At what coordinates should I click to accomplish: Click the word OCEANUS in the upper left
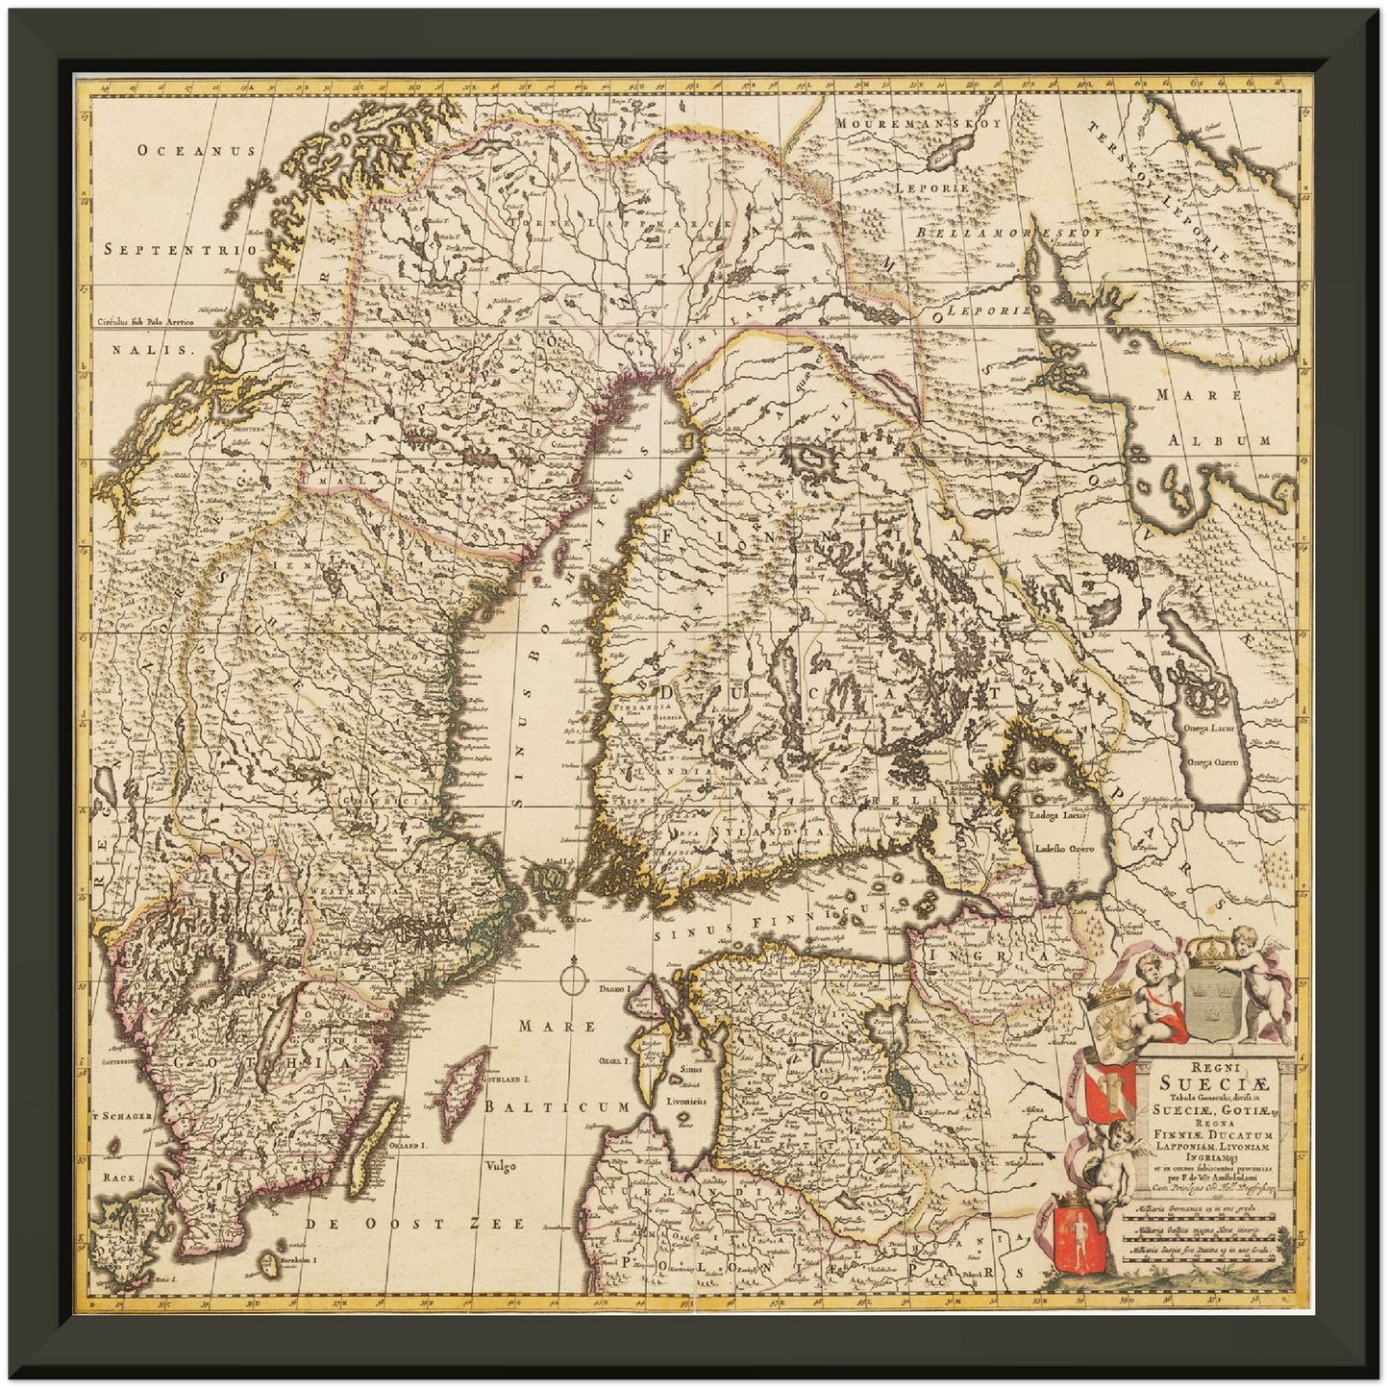196,150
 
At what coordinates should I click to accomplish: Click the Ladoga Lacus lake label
1058,815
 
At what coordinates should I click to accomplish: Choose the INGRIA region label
985,957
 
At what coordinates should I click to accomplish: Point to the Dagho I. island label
611,988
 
